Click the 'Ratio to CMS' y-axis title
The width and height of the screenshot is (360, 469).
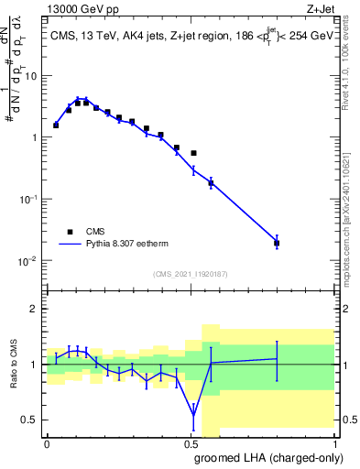pyautogui.click(x=15, y=365)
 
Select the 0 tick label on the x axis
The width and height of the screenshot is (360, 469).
pyautogui.click(x=47, y=444)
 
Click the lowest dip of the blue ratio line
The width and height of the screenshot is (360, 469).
pyautogui.click(x=193, y=415)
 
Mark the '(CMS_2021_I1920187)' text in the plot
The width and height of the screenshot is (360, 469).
pyautogui.click(x=190, y=273)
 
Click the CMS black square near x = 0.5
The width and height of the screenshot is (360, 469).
pyautogui.click(x=193, y=153)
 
